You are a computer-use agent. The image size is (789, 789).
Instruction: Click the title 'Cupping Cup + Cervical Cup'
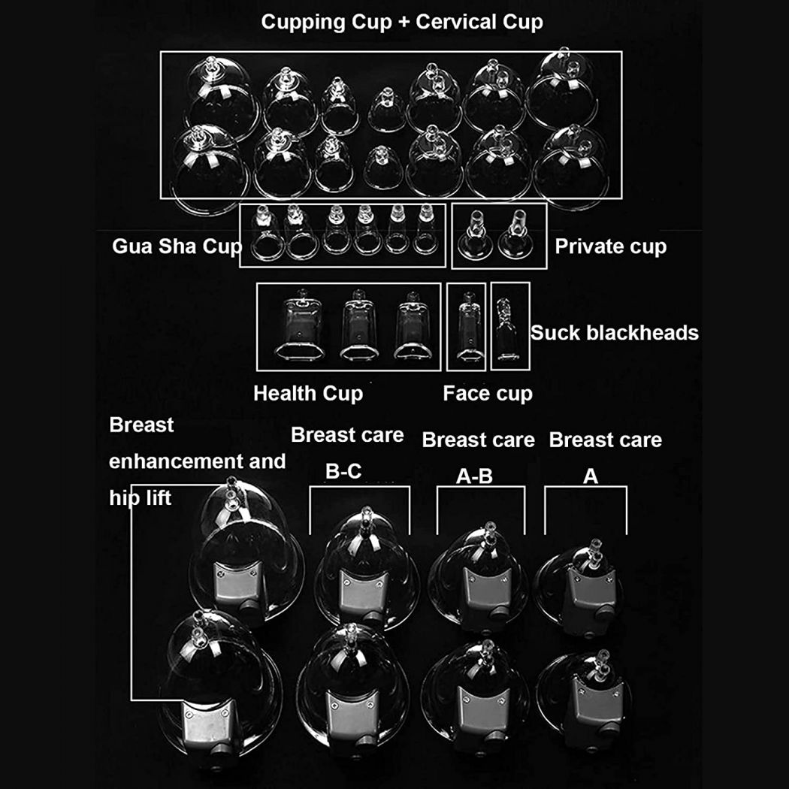point(401,22)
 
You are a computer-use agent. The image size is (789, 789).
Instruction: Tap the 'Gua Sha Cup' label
point(177,246)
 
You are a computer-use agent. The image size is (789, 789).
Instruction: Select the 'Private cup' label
point(610,246)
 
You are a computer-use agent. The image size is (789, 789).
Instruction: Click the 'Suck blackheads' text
point(615,333)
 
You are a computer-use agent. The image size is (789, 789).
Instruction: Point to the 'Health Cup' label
point(308,394)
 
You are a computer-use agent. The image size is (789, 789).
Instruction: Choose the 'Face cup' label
point(488,394)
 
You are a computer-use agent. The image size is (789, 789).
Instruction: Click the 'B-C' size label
point(343,471)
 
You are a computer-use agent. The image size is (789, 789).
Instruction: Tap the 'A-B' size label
point(474,476)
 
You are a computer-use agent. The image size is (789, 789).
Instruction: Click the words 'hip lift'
point(141,498)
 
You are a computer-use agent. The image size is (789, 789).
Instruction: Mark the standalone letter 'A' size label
point(590,476)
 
